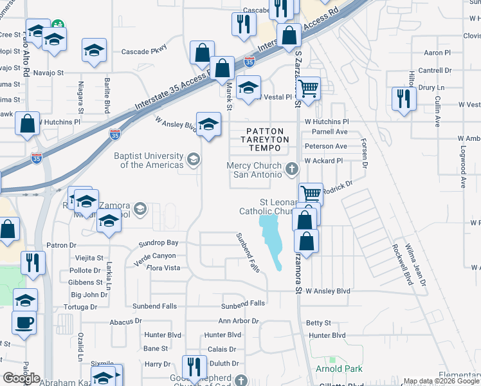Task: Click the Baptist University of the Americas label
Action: pyautogui.click(x=148, y=160)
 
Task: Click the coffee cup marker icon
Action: pyautogui.click(x=24, y=321)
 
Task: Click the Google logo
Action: pyautogui.click(x=21, y=378)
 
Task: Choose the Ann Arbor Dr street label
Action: pyautogui.click(x=238, y=320)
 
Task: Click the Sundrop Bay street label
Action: pyautogui.click(x=159, y=243)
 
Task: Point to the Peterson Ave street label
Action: pyautogui.click(x=325, y=147)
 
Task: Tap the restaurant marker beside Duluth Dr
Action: pyautogui.click(x=192, y=367)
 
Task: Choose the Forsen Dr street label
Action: pyautogui.click(x=365, y=154)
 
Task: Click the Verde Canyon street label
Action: pyautogui.click(x=155, y=255)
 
